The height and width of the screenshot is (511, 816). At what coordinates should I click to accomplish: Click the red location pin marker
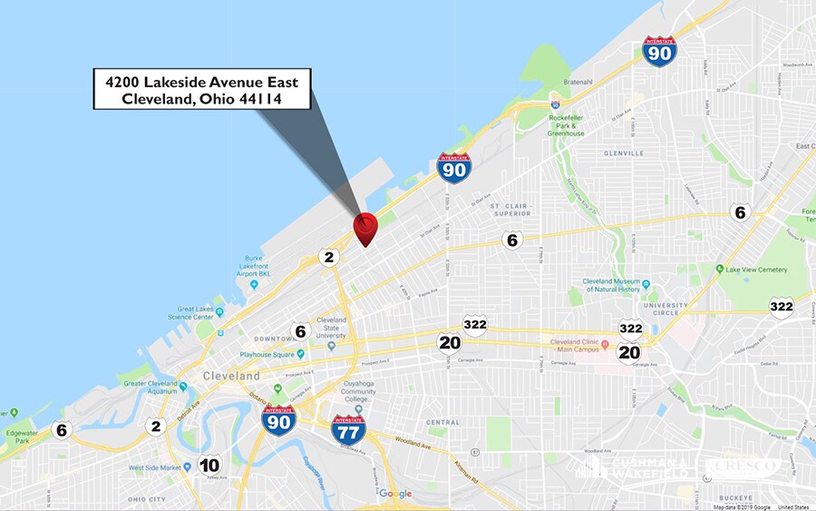[x=364, y=227]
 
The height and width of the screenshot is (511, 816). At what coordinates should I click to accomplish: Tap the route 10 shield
[x=209, y=466]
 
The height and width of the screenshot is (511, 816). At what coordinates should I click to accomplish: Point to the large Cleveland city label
[x=230, y=376]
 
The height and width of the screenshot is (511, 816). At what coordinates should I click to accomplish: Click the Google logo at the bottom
[x=395, y=494]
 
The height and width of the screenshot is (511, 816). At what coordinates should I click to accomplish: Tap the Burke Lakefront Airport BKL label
[x=260, y=264]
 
